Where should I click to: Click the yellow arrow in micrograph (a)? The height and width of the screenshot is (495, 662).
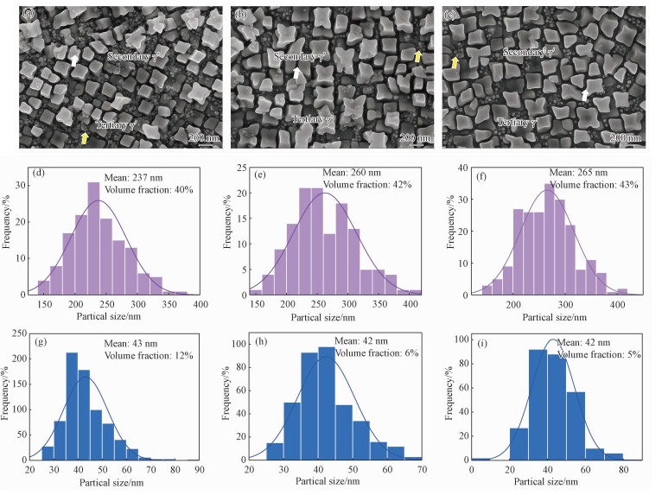coord(84,138)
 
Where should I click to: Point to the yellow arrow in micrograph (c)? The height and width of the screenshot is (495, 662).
coord(455,63)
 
